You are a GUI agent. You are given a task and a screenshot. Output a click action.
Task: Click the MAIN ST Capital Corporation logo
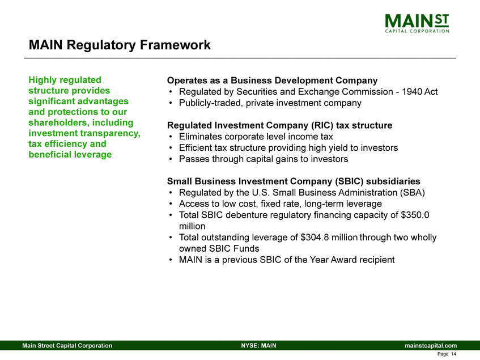417,23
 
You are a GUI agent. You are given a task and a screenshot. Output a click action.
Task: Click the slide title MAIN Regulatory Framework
120,45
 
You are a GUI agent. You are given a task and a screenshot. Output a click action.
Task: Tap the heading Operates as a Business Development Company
272,81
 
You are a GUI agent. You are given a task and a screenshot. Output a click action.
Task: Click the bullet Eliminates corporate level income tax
256,137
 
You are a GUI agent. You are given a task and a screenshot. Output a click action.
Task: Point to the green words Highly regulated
65,81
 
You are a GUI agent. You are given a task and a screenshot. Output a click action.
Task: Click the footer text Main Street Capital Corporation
67,345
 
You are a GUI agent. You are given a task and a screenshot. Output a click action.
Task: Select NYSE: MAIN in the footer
258,345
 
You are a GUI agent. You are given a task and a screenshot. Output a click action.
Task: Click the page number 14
453,354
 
